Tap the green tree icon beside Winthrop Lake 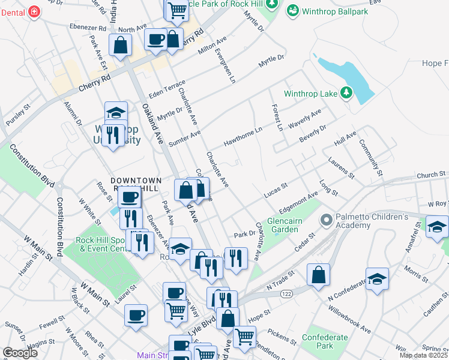click(x=346, y=92)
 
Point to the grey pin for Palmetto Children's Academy click(x=327, y=220)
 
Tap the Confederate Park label click(x=325, y=341)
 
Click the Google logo click(x=20, y=353)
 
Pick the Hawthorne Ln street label click(x=243, y=136)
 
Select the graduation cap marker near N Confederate click(x=377, y=279)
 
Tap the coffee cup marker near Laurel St click(x=136, y=316)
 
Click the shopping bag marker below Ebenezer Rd click(x=120, y=44)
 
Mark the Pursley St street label click(x=17, y=113)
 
